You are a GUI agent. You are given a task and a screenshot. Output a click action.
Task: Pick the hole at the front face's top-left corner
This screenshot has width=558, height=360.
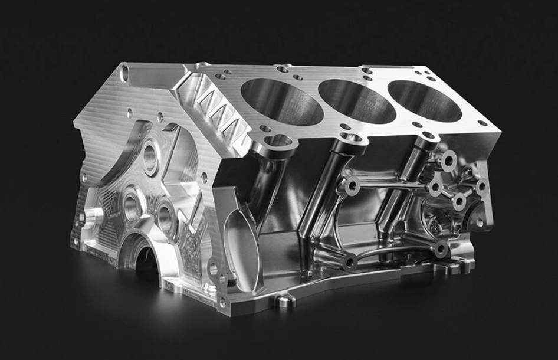coord(124,74)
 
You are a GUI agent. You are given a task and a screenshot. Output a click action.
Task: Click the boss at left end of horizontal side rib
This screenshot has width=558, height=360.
coord(353,186)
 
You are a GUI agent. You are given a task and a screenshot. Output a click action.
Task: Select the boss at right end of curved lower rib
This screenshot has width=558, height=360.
coord(441,250)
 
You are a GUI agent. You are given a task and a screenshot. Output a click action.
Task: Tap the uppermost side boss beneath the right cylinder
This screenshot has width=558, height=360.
coord(449,159)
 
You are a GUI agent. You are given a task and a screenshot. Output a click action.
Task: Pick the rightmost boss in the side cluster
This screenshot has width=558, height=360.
coord(482,188)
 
